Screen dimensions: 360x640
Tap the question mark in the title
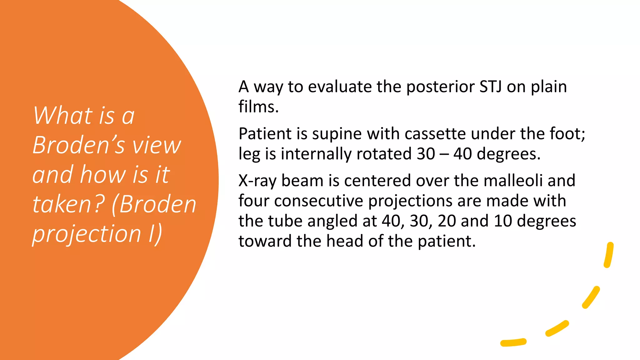pyautogui.click(x=99, y=204)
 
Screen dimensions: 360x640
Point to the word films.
pyautogui.click(x=258, y=107)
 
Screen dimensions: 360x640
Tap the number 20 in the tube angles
pyautogui.click(x=447, y=221)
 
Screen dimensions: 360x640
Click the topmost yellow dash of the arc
pyautogui.click(x=609, y=255)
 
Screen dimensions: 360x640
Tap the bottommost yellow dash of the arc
pyautogui.click(x=513, y=342)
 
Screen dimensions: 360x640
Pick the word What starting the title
pyautogui.click(x=63, y=116)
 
